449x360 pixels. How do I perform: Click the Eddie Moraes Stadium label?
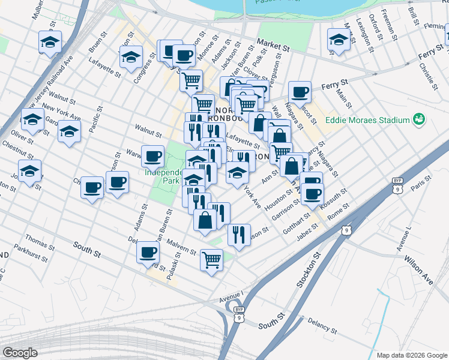click(x=367, y=120)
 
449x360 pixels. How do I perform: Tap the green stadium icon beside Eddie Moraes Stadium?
click(x=418, y=120)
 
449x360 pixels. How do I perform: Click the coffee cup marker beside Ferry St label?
click(x=300, y=92)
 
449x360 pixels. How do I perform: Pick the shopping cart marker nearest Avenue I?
click(x=211, y=260)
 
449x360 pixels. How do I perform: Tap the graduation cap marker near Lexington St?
click(x=339, y=41)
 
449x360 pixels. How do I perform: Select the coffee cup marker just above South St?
click(x=148, y=252)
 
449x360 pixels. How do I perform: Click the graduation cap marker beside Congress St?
click(x=131, y=56)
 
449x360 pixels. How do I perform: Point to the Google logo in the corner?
click(x=20, y=353)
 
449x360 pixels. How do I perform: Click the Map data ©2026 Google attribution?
click(x=412, y=355)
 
